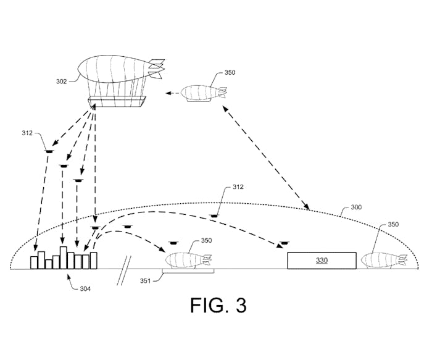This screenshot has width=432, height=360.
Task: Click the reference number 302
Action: pos(62,82)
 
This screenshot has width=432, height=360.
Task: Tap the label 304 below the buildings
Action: pos(85,288)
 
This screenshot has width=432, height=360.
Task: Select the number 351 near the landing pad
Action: pos(145,281)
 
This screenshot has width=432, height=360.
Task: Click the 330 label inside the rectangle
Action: pos(322,260)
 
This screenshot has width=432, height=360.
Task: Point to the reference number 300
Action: pos(356,207)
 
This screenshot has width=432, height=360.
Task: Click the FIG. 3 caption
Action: pos(218,305)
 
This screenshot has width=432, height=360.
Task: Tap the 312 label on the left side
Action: pos(27,133)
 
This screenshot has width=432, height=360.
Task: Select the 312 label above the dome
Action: pos(238,187)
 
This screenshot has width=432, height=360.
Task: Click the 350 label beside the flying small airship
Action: pos(230,72)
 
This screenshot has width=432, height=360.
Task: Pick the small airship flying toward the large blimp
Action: pos(204,93)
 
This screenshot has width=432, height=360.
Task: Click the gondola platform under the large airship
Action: pos(117,101)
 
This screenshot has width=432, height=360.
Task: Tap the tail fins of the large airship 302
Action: pos(157,69)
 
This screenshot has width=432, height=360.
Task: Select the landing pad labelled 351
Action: pos(188,272)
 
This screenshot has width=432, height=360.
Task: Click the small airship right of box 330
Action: pos(384,261)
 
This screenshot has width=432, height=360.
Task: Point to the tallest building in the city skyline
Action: pos(64,257)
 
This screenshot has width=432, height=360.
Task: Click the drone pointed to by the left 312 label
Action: pos(49,151)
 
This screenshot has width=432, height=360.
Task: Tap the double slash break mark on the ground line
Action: pos(124,270)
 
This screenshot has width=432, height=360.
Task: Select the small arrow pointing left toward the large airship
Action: pos(172,93)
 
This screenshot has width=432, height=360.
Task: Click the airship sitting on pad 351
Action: pos(188,261)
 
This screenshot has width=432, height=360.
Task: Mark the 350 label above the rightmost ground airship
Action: pos(393,224)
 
